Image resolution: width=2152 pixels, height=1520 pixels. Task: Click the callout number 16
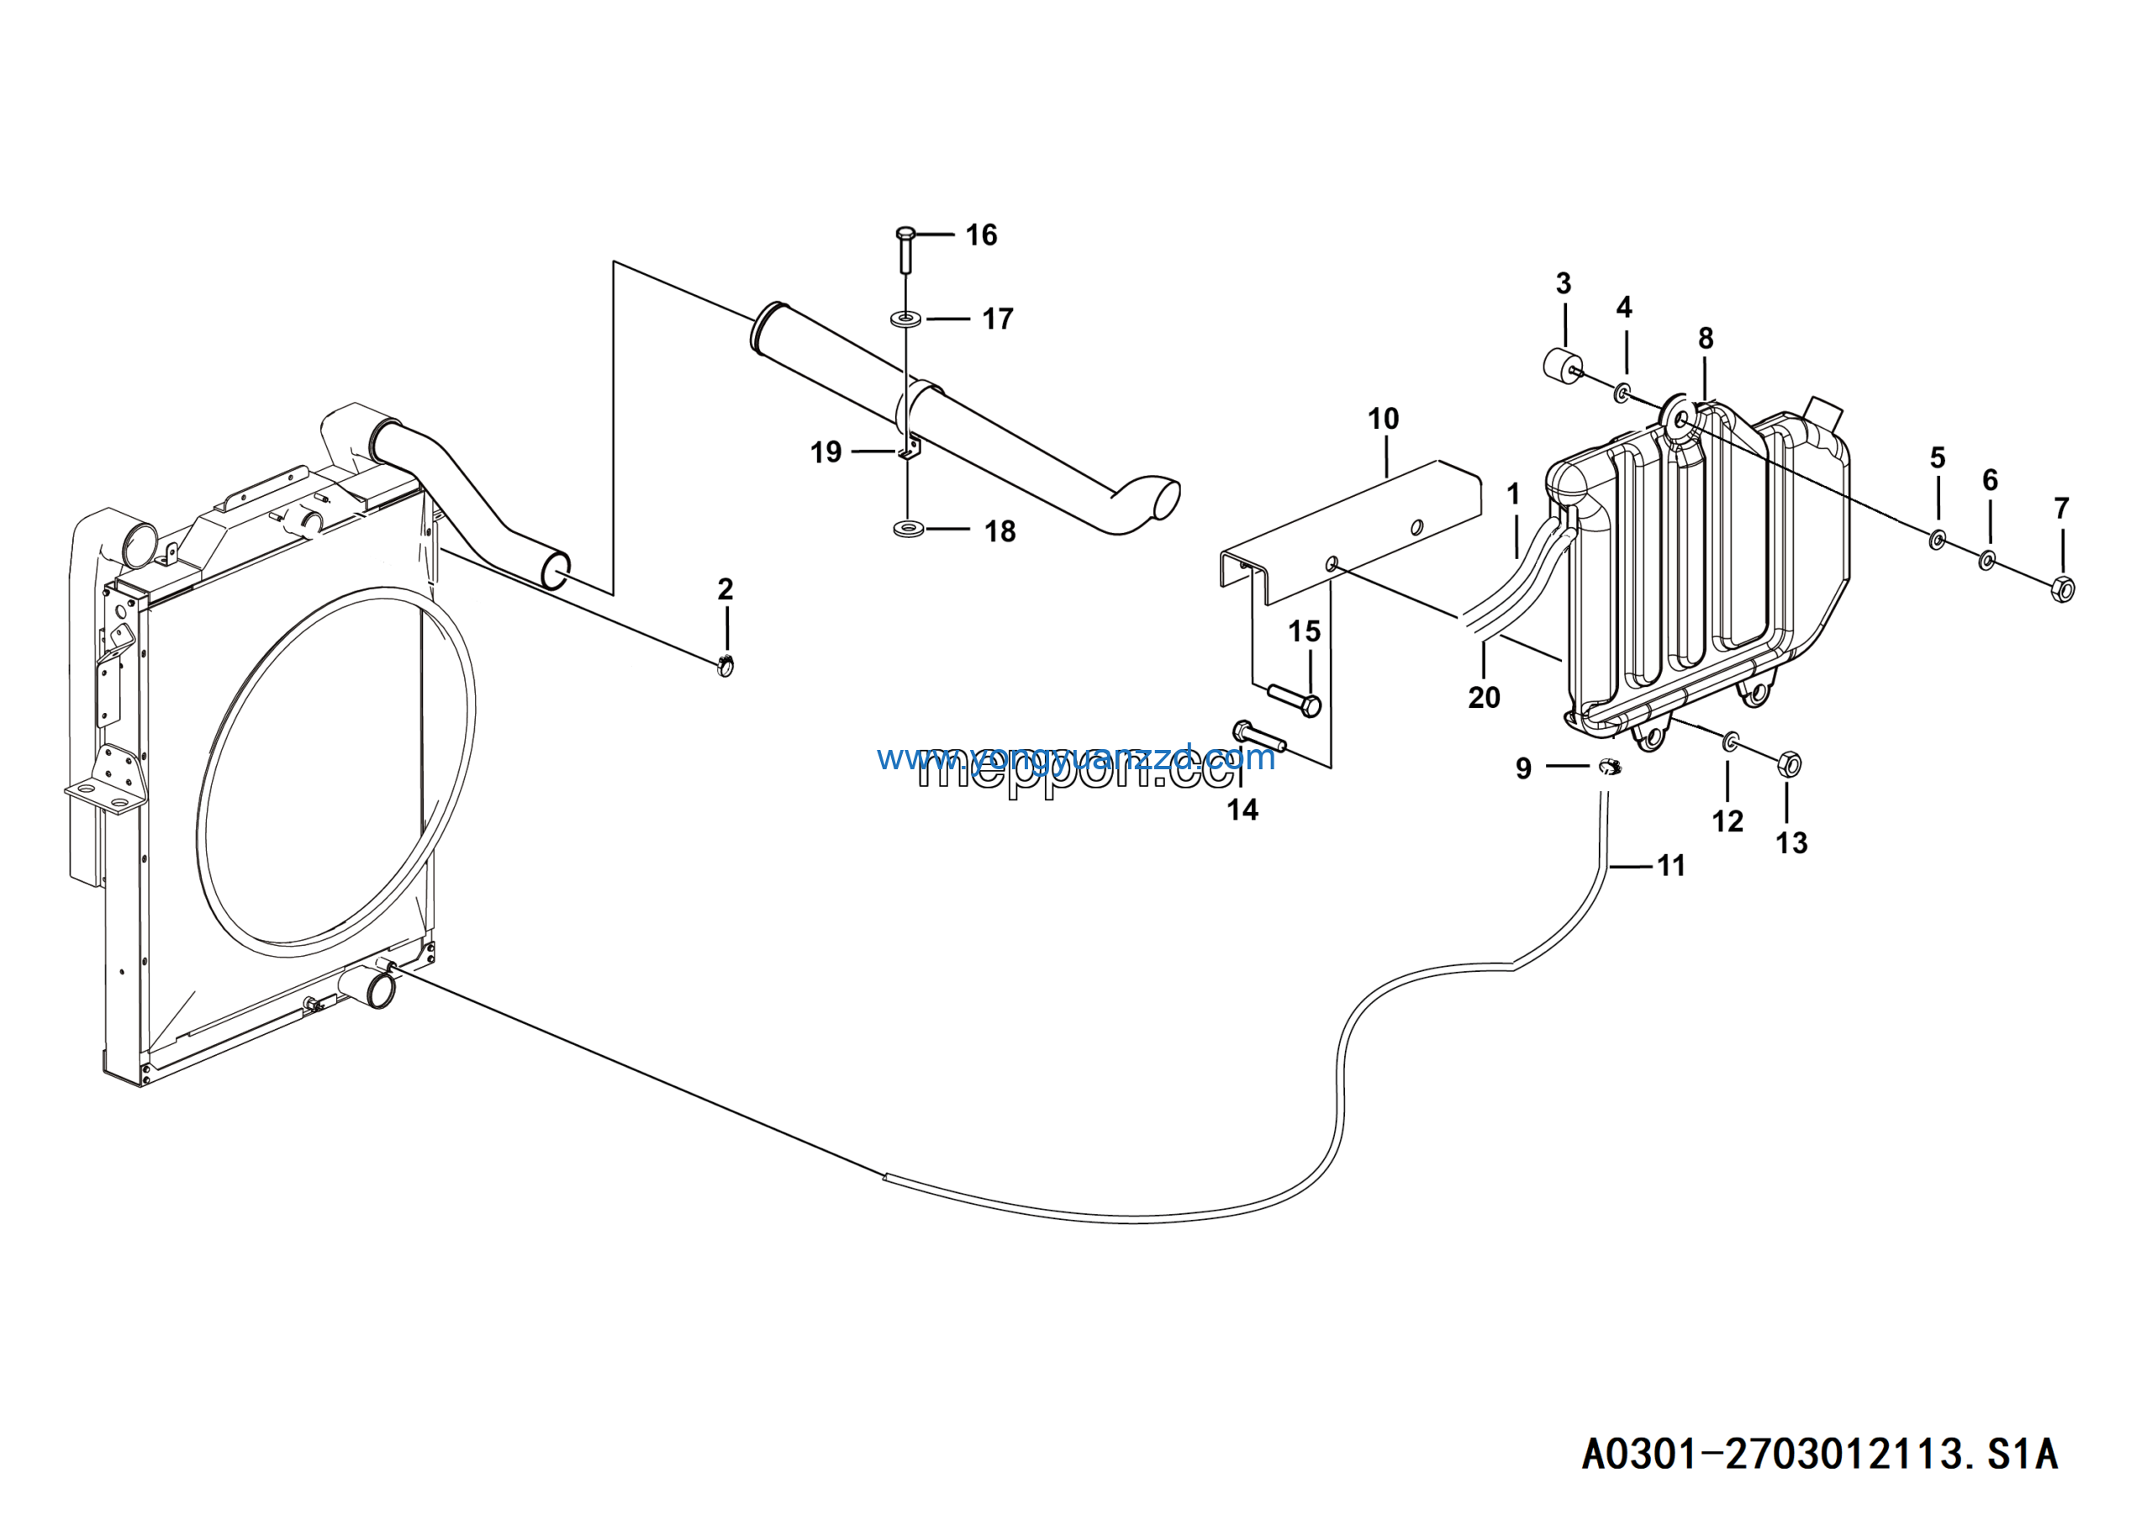coord(981,235)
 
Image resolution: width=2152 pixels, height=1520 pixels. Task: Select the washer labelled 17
coord(905,319)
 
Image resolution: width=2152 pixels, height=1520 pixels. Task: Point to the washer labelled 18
coord(907,530)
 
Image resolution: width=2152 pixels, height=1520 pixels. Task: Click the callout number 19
coord(825,452)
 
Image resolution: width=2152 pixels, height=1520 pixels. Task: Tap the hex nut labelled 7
coord(2062,589)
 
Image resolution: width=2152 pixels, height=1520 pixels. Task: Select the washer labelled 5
coord(1938,540)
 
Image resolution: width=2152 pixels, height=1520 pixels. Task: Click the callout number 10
coord(1384,419)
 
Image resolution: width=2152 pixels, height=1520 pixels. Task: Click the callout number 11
coord(1671,866)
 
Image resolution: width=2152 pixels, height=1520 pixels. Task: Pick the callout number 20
coord(1484,697)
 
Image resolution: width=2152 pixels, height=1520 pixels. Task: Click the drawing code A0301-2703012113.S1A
coord(1819,1454)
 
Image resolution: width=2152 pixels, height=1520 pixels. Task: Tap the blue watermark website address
coord(1076,757)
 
